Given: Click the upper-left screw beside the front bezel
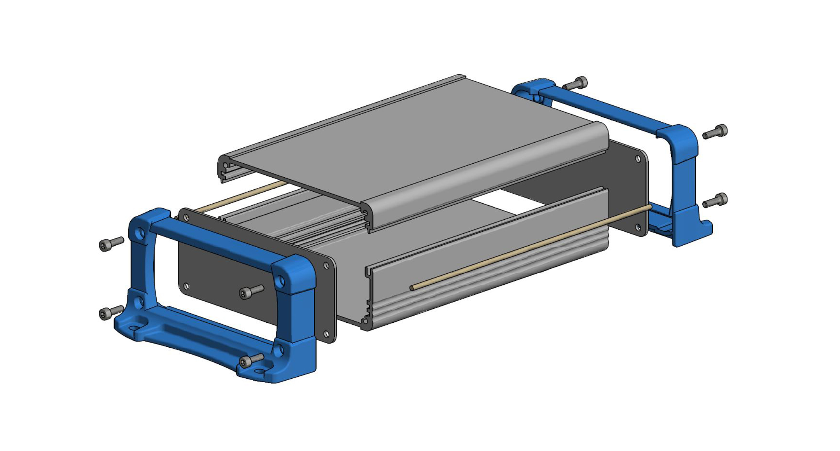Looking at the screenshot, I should tap(110, 244).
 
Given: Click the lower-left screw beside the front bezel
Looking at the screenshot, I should tap(110, 313).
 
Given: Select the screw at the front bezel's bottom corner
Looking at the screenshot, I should tap(250, 361).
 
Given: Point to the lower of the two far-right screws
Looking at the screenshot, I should tap(715, 201).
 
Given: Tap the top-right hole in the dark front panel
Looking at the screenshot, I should tap(326, 266).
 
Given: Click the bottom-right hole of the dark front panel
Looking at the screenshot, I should tap(326, 334).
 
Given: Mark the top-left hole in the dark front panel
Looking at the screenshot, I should tap(186, 218).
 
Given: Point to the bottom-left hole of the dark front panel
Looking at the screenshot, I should tap(187, 287).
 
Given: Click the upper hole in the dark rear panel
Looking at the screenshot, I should tap(638, 159).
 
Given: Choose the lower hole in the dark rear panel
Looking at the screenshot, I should tap(638, 228).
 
